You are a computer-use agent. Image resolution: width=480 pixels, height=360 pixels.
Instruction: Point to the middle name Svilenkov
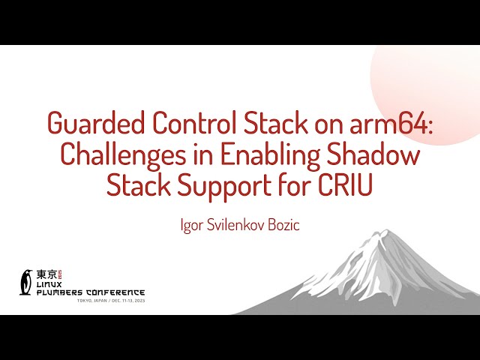[x=233, y=225]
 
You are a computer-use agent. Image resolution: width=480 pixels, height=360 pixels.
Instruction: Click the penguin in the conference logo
[x=27, y=280]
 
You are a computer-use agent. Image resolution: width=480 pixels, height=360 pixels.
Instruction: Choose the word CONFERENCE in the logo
[x=117, y=292]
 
